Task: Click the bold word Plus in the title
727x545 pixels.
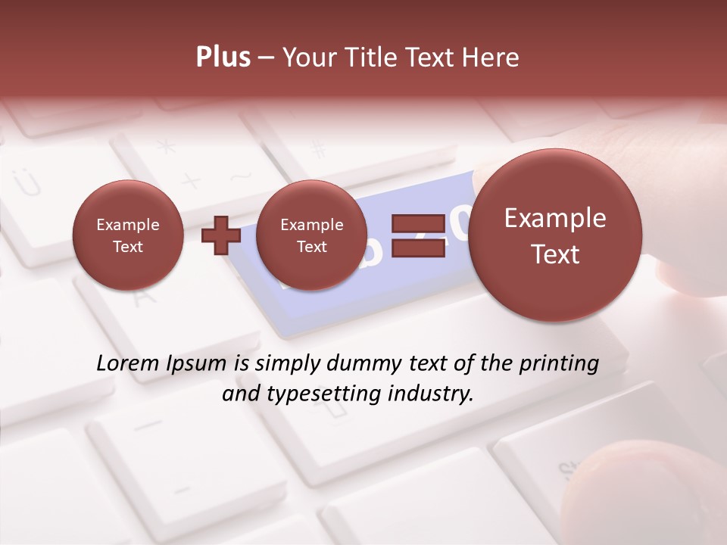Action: [x=223, y=58]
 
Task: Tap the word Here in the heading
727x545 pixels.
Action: [x=491, y=58]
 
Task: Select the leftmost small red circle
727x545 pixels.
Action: [x=127, y=235]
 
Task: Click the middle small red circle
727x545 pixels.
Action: [x=311, y=235]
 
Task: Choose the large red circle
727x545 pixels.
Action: [x=555, y=235]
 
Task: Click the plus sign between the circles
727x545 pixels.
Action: [x=220, y=235]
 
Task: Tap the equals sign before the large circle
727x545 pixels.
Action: [x=417, y=235]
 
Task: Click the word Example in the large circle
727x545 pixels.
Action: [x=555, y=218]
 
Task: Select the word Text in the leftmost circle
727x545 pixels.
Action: [x=127, y=247]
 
